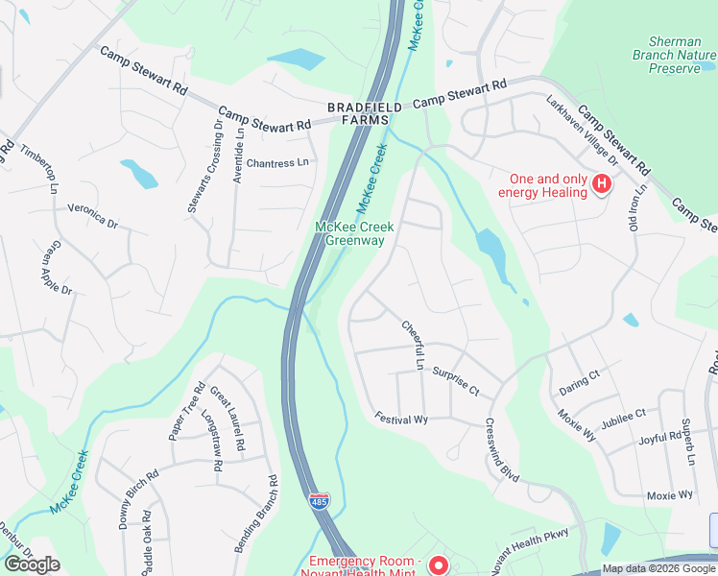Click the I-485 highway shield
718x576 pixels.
point(318,502)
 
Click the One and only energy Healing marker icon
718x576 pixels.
point(602,183)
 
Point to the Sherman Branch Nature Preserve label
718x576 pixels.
point(682,55)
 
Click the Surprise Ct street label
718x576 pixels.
point(455,381)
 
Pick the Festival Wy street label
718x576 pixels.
point(401,420)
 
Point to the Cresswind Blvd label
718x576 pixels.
point(502,451)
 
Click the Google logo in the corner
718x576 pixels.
point(32,564)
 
